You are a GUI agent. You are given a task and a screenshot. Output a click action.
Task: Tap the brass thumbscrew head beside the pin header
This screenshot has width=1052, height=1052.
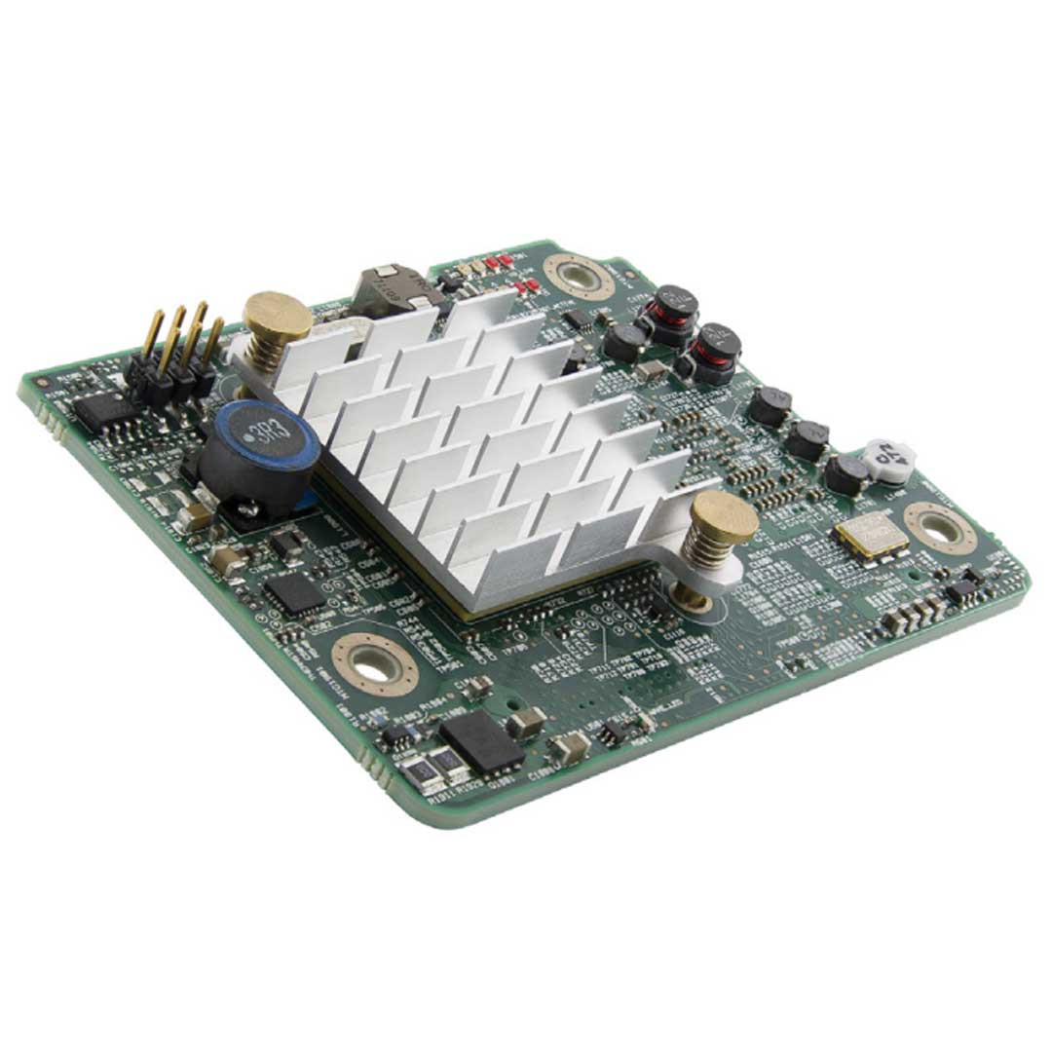pos(278,316)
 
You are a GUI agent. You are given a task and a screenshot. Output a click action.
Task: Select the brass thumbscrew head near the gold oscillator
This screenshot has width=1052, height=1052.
pos(725,516)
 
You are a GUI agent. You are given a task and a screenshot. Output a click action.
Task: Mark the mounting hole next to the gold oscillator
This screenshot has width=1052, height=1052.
pos(939,527)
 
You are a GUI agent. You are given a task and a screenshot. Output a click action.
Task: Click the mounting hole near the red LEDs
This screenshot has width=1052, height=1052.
pos(580,276)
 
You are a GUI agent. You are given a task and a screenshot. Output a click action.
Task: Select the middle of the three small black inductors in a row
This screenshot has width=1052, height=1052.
pos(807,439)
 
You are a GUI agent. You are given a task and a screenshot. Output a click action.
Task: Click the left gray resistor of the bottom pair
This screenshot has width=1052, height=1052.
pos(413,767)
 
